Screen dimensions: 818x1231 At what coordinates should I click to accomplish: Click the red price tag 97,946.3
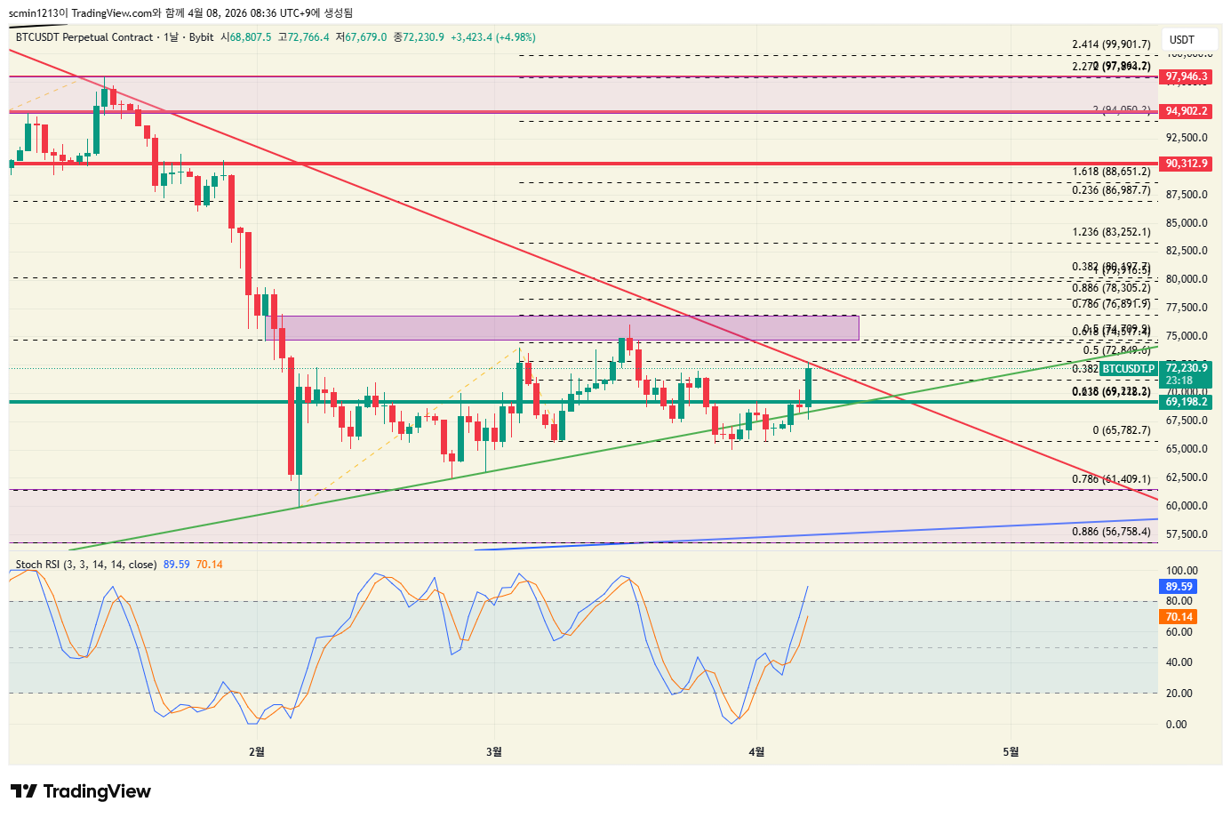point(1187,76)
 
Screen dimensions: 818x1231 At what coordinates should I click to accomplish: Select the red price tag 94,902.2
point(1187,111)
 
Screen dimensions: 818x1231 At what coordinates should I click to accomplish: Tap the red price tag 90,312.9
point(1187,164)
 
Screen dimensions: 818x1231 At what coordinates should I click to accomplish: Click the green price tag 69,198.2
point(1187,402)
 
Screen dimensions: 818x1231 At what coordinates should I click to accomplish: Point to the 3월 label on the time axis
point(494,752)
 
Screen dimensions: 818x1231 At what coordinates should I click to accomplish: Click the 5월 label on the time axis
point(1011,752)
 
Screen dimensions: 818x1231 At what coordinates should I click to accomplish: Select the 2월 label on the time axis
point(257,752)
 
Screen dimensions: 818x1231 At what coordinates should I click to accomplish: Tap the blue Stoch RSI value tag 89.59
point(1179,586)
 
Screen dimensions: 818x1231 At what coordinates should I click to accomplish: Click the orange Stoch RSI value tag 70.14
point(1179,617)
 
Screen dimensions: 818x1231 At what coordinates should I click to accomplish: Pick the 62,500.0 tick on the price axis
point(1187,477)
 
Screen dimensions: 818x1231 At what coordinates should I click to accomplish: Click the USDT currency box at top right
point(1182,40)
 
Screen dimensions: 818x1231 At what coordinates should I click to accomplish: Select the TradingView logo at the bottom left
point(81,791)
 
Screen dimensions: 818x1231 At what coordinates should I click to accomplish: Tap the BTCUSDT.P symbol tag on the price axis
point(1129,369)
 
